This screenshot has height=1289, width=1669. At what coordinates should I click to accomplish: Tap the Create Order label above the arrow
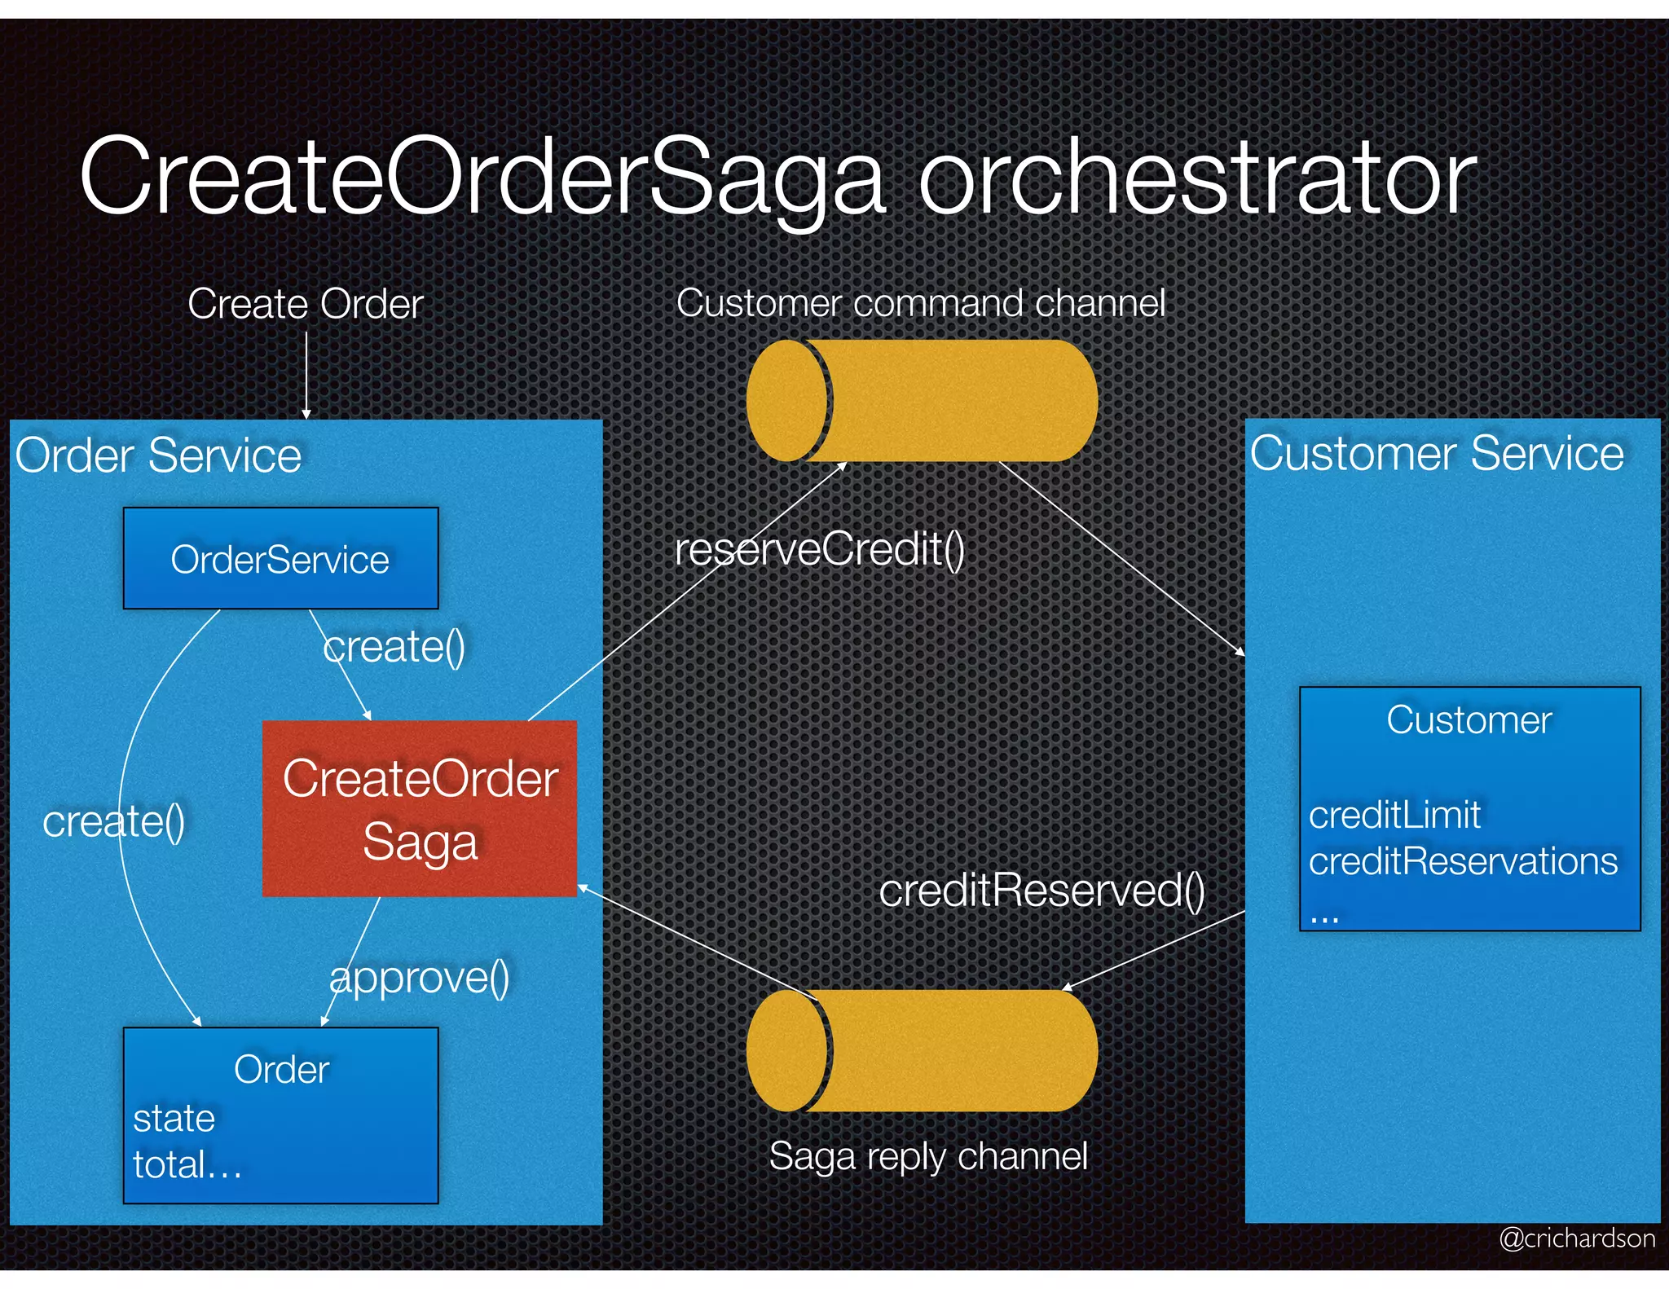click(305, 304)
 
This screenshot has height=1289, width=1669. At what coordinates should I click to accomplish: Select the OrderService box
click(280, 559)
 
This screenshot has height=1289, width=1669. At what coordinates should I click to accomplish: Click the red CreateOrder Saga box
click(420, 809)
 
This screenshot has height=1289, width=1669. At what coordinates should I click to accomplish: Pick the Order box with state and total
click(280, 1115)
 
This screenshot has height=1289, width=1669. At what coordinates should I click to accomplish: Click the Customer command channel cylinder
click(923, 401)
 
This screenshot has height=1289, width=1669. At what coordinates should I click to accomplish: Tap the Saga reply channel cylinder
click(923, 1051)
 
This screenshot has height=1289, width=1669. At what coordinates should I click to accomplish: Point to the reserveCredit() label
click(819, 549)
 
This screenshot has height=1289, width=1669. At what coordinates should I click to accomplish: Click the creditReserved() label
click(1041, 890)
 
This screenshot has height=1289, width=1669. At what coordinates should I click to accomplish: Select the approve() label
click(420, 977)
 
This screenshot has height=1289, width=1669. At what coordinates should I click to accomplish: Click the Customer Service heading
click(1437, 453)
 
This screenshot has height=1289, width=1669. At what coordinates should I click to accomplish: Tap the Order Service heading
click(158, 455)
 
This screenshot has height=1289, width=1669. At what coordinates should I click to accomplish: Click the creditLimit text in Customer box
click(1394, 815)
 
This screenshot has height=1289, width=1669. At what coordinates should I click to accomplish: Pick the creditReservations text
click(1463, 861)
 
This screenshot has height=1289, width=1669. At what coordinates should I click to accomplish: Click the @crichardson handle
click(1577, 1238)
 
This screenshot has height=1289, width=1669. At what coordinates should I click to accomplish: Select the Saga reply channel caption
click(928, 1155)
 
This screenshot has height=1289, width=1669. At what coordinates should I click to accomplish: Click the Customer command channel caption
click(920, 303)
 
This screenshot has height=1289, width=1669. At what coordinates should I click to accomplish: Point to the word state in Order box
click(174, 1118)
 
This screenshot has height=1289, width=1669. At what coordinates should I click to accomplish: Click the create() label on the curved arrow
click(113, 821)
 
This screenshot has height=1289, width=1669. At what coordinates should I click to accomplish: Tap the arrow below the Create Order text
click(306, 375)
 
